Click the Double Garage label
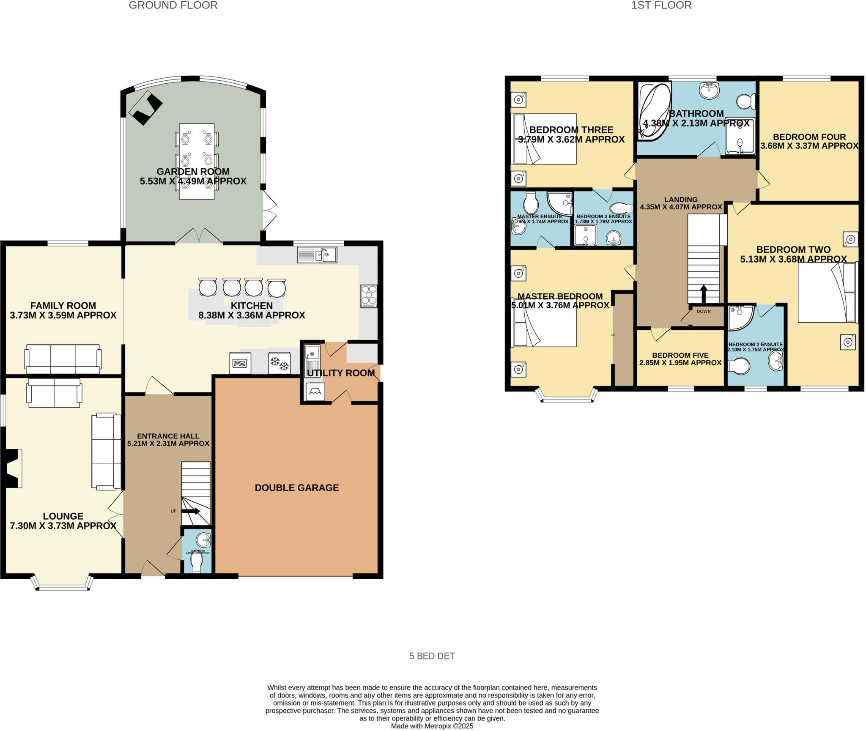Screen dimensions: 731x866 pyautogui.click(x=296, y=487)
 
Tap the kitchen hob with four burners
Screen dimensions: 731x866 pyautogui.click(x=369, y=296)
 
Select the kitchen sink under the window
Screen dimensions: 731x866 pyautogui.click(x=317, y=255)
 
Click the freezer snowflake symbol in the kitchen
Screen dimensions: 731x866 pyautogui.click(x=280, y=363)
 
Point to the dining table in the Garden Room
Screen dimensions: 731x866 pyautogui.click(x=197, y=161)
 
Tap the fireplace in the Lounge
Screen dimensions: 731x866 pyautogui.click(x=13, y=468)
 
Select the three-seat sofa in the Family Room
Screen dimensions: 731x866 pyautogui.click(x=63, y=359)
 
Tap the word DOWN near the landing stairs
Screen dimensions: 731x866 pyautogui.click(x=704, y=311)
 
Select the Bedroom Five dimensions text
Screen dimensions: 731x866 pyautogui.click(x=680, y=363)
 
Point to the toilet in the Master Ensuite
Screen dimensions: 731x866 pyautogui.click(x=530, y=203)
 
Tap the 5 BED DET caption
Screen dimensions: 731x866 pyautogui.click(x=432, y=656)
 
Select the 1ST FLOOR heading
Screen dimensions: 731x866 pyautogui.click(x=661, y=5)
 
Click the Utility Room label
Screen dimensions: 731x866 pyautogui.click(x=340, y=373)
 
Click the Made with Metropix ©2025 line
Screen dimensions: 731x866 pyautogui.click(x=432, y=726)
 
